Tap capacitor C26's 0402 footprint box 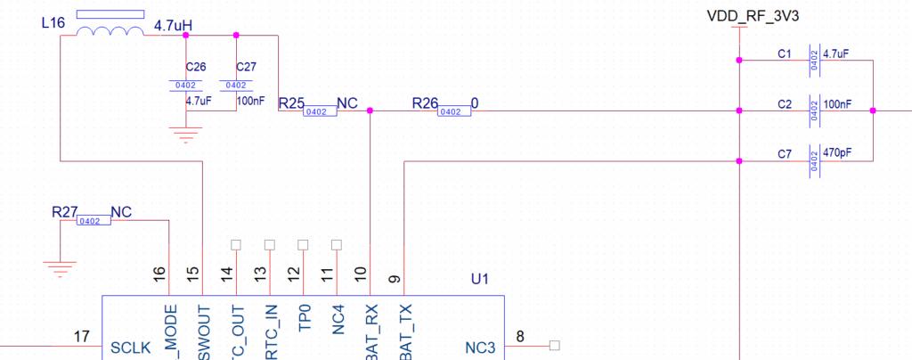click(186, 86)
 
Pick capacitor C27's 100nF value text click(250, 101)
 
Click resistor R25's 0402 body click(316, 111)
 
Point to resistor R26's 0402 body click(452, 111)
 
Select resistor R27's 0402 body click(94, 221)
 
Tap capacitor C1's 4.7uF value click(835, 54)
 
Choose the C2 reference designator click(785, 104)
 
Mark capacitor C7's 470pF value click(838, 154)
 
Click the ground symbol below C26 click(186, 135)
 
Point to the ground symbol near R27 click(60, 266)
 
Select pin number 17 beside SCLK click(82, 336)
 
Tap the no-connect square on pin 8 click(554, 345)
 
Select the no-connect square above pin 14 click(236, 244)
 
